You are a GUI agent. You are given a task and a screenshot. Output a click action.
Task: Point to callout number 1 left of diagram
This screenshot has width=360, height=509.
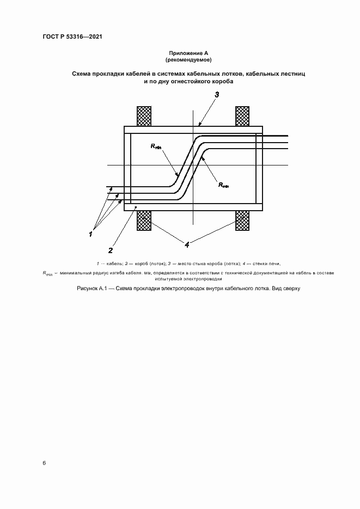coord(90,234)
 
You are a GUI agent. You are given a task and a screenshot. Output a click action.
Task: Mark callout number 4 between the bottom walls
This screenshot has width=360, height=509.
coord(187,245)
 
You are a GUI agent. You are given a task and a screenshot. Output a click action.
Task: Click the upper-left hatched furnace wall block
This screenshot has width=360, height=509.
coord(143,116)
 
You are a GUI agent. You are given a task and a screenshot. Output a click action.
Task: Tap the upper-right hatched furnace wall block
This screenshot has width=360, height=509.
coord(242,116)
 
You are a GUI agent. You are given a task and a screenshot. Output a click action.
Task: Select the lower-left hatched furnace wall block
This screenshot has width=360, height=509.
coord(143,221)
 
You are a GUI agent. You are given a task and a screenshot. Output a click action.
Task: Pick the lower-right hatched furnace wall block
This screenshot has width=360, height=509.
coord(242,221)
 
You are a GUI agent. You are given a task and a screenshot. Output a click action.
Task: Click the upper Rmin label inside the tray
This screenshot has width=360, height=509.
coord(156,146)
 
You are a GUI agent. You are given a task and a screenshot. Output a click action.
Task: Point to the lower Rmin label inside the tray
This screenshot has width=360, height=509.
coord(223,186)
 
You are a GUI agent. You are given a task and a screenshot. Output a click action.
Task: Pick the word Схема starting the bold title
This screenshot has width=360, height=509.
coord(82,73)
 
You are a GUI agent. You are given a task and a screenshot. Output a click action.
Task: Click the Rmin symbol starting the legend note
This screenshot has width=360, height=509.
coord(48,273)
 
